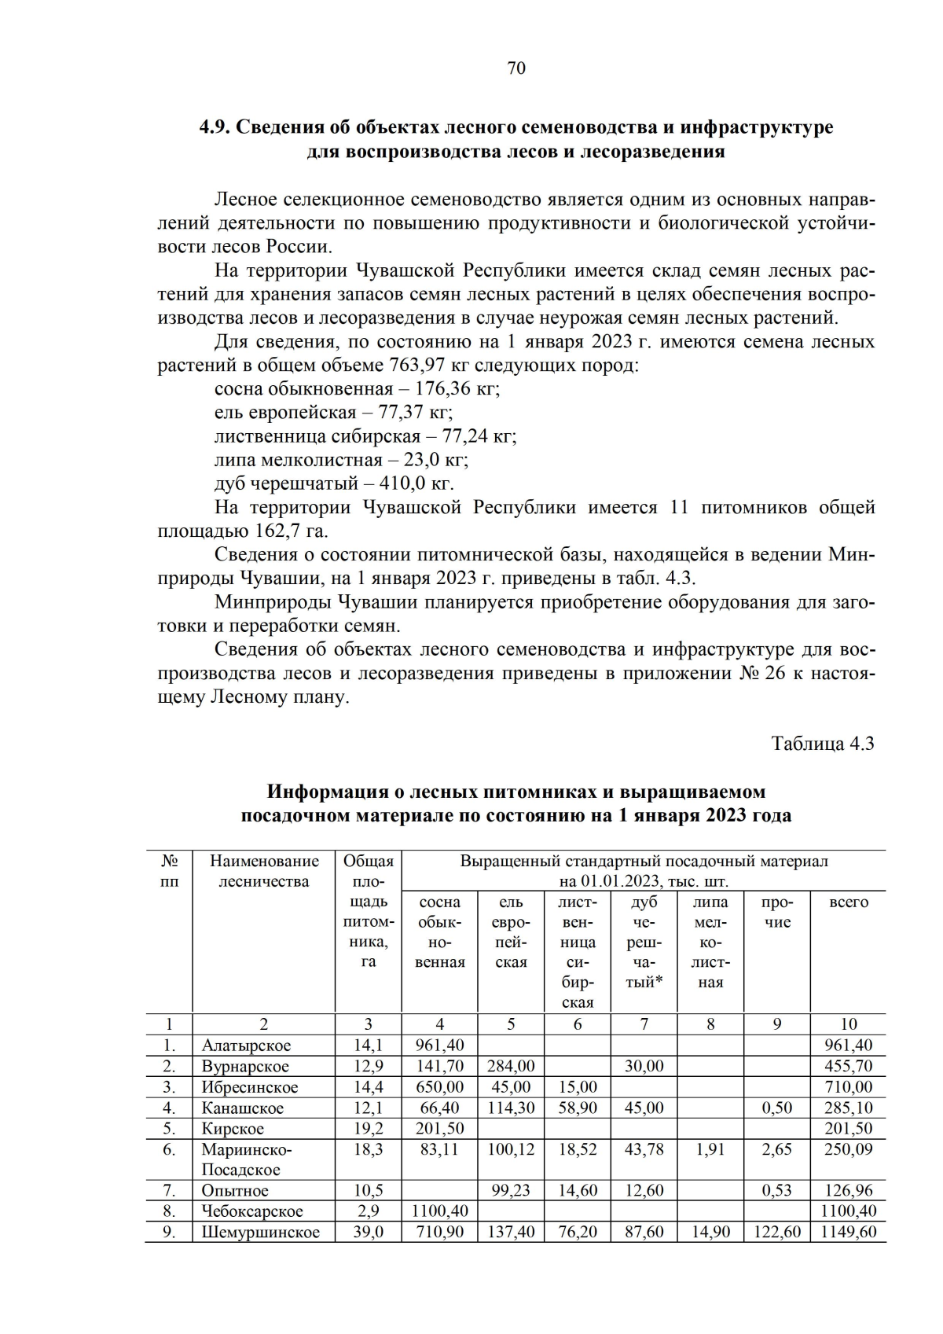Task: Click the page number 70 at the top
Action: click(x=516, y=68)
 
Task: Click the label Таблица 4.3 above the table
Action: click(x=823, y=744)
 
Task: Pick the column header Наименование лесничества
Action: click(x=263, y=871)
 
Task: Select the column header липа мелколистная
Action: click(x=710, y=942)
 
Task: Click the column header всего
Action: click(x=848, y=902)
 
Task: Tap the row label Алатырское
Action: click(x=246, y=1046)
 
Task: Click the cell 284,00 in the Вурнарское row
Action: click(x=511, y=1067)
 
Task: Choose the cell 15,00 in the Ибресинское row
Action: click(x=578, y=1087)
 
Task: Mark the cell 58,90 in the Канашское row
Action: click(x=578, y=1108)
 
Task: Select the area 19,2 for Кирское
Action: click(x=368, y=1129)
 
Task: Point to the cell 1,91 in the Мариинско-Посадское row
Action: click(x=710, y=1149)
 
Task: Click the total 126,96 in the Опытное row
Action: click(x=848, y=1191)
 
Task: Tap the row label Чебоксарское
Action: click(x=251, y=1211)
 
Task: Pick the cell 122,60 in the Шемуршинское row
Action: click(x=777, y=1232)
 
